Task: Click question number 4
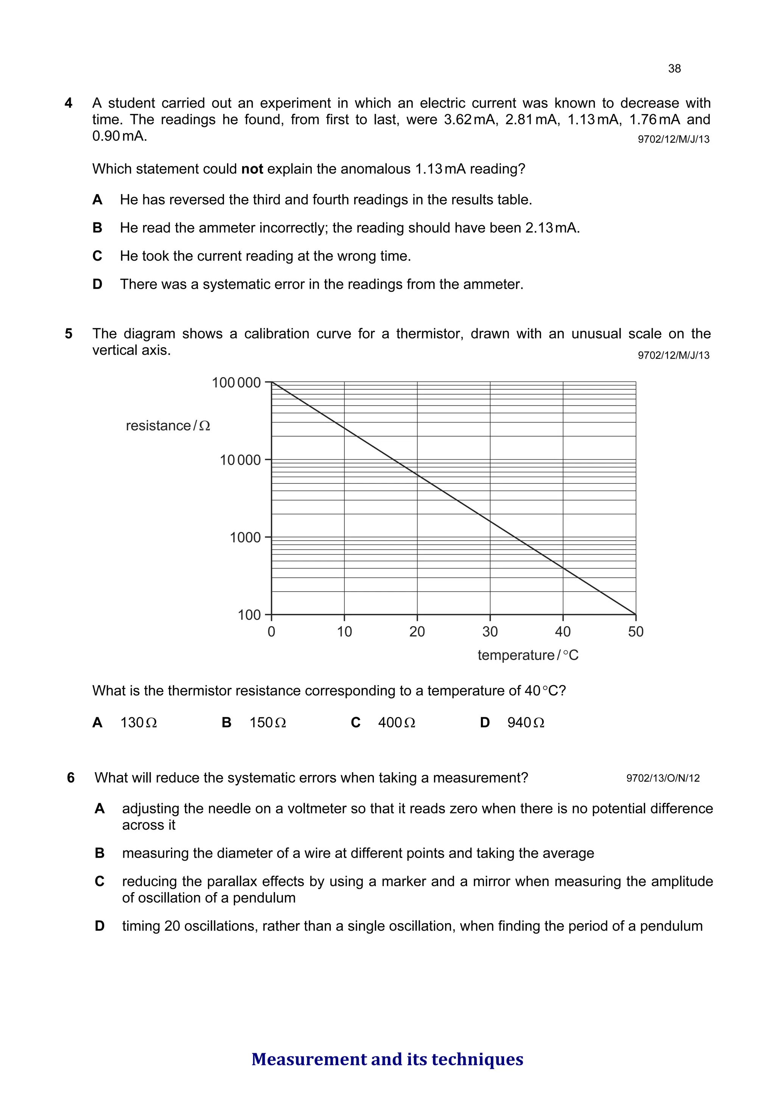[69, 103]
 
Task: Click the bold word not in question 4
[252, 169]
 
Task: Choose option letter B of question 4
[97, 228]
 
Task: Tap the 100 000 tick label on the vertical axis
[237, 383]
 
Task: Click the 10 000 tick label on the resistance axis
[240, 460]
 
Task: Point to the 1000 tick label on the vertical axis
[246, 538]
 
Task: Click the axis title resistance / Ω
[168, 426]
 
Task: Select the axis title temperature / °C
[528, 655]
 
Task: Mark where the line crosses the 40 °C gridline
[563, 568]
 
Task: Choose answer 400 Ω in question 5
[396, 723]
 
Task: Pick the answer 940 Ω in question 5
[525, 723]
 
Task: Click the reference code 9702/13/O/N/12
[663, 778]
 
